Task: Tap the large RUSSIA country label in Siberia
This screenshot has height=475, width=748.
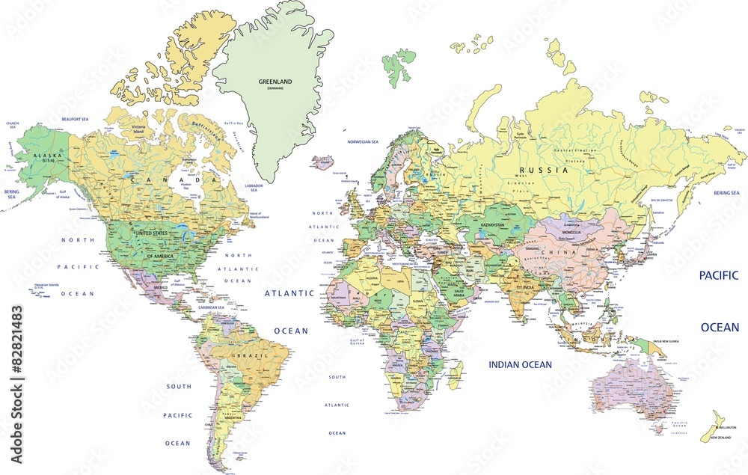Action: coord(544,170)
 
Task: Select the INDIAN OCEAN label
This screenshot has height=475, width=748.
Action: coord(520,364)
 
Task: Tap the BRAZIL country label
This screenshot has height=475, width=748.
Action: coord(246,355)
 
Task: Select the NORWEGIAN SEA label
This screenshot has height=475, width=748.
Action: coord(364,141)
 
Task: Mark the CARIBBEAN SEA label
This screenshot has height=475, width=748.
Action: coord(211,307)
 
